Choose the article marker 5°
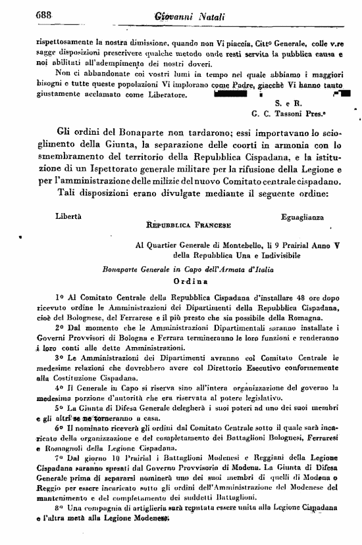pos(41,408)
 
